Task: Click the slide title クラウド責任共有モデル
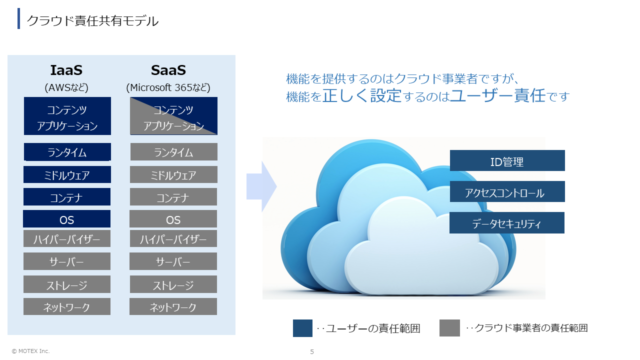pos(92,21)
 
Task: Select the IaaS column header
pos(66,70)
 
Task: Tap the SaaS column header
pos(168,70)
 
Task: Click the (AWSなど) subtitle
pos(66,87)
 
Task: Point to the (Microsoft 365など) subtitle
pos(168,87)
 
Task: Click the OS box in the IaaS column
pos(66,219)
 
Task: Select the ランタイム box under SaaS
pos(173,151)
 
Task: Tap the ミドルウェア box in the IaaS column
pos(67,174)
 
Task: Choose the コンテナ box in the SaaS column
pos(173,197)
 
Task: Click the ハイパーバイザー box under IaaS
pos(67,238)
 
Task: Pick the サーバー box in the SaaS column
pos(173,261)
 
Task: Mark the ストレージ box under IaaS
pos(67,284)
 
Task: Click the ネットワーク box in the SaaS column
pos(173,306)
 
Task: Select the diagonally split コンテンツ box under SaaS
pos(173,116)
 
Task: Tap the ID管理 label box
pos(507,160)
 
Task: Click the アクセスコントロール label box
pos(507,191)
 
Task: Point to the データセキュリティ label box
pos(507,223)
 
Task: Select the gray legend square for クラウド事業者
pos(449,328)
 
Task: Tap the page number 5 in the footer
pos(312,351)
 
